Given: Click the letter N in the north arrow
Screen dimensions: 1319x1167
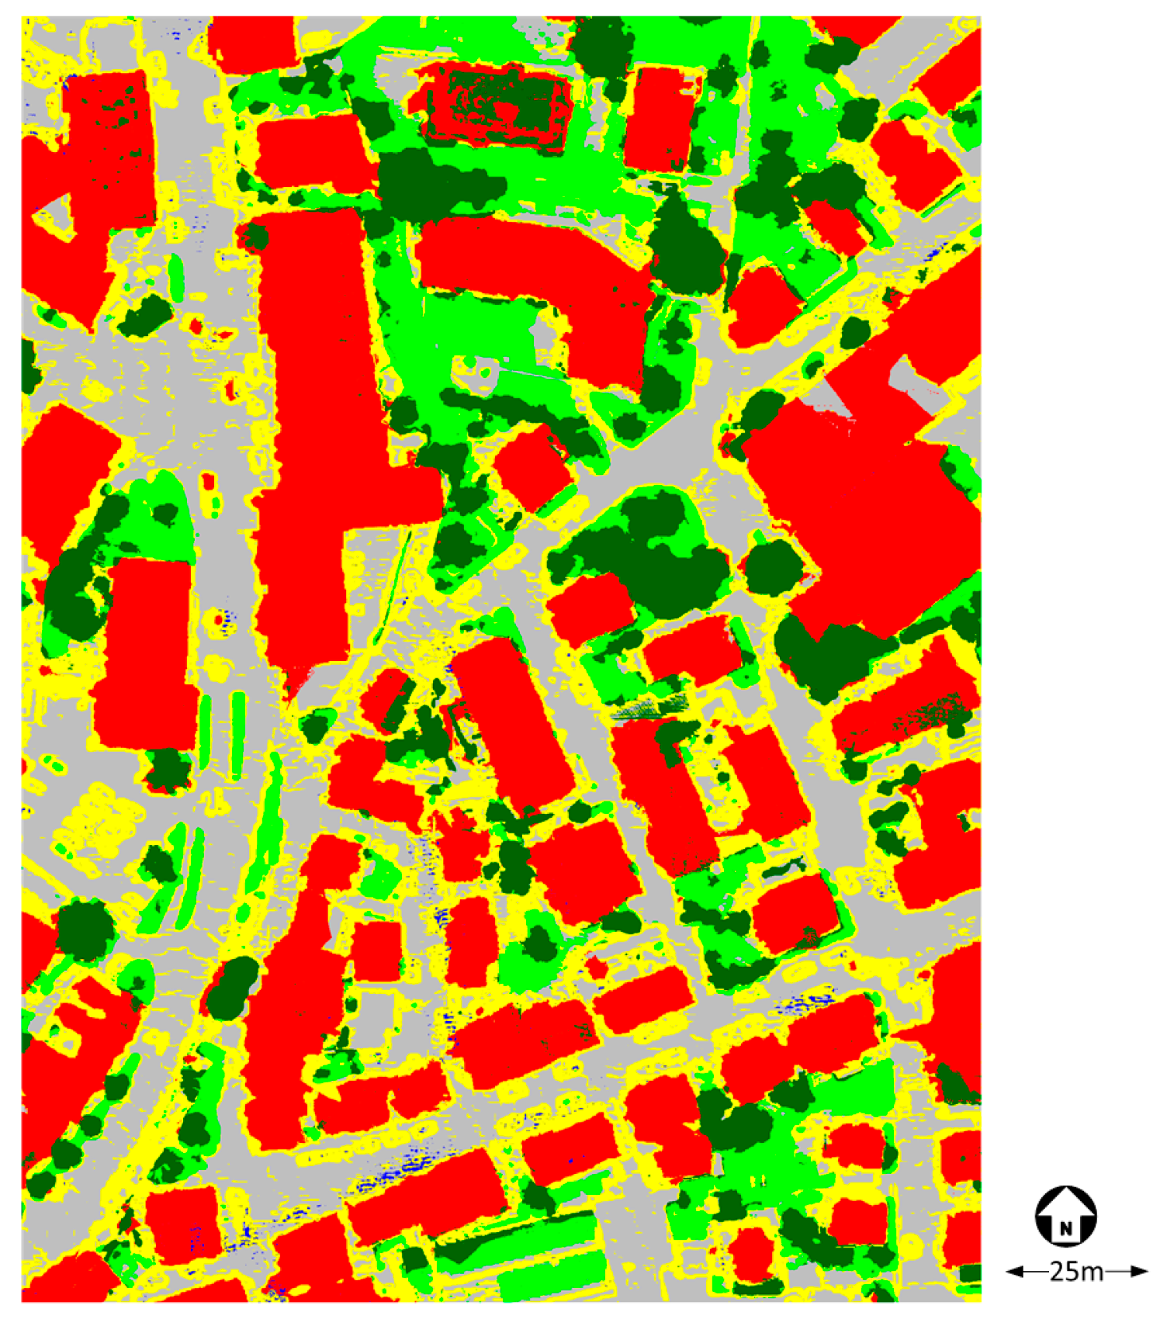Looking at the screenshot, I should (1065, 1228).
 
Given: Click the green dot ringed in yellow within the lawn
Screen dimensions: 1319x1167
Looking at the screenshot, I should (486, 372).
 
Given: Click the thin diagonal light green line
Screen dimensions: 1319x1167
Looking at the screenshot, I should (396, 574).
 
